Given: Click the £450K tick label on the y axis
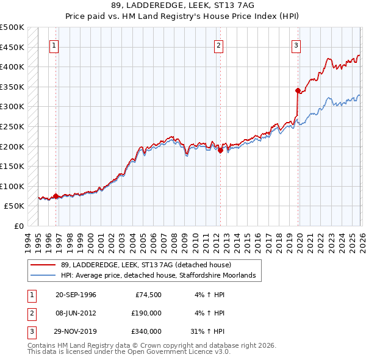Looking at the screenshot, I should [12, 47].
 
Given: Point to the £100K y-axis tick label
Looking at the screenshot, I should [12, 186].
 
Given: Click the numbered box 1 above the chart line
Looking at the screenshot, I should [54, 45].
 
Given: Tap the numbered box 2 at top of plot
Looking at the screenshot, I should [218, 45].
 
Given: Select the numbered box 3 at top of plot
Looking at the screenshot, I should [296, 45].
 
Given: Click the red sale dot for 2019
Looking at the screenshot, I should [298, 91].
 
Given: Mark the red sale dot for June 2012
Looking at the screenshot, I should [220, 151].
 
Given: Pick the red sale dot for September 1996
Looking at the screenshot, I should [56, 196].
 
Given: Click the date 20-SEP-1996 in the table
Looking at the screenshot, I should [76, 295].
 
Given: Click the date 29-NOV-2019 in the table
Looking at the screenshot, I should [76, 331].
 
